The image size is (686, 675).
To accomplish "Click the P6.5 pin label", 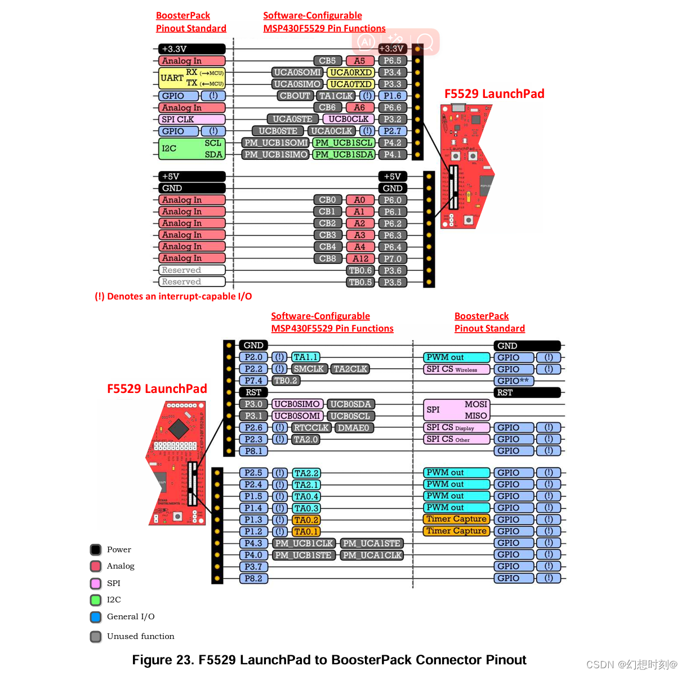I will point(393,61).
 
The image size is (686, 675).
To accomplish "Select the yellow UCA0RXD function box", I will point(350,73).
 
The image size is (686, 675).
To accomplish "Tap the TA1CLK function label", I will point(336,96).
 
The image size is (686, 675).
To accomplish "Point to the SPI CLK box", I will point(191,119).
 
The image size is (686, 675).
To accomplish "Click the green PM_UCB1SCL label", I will point(344,143).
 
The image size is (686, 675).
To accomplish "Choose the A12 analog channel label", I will point(360,259).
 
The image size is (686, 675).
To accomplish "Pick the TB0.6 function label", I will point(360,271).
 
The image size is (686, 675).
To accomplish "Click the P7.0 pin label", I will point(393,259).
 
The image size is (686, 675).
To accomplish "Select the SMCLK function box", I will point(309,369).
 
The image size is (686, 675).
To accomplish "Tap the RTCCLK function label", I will point(311,428).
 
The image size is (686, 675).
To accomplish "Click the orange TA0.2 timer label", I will point(306,520).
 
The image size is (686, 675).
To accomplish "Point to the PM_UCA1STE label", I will point(372,543).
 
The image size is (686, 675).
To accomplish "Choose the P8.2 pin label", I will point(253,578).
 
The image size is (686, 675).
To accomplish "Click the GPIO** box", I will point(514,381).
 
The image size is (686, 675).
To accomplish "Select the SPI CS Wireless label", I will point(456,369).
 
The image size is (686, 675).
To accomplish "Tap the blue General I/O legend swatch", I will point(96,617).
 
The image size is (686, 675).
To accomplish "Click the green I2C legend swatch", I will point(96,600).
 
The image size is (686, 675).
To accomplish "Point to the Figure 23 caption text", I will point(329,660).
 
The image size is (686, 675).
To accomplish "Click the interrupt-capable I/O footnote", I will point(173,297).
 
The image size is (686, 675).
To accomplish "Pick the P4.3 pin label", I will point(253,543).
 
